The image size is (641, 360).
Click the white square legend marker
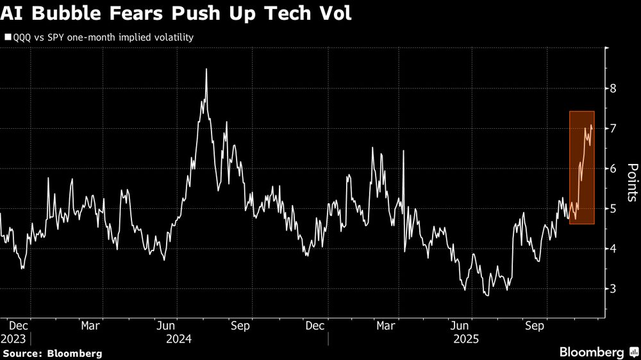[8, 37]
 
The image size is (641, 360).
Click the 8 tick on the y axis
[613, 88]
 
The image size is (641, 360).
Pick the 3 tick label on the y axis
[613, 289]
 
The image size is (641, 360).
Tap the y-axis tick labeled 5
[613, 209]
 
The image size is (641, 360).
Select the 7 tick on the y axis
[613, 129]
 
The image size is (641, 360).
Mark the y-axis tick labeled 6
[613, 168]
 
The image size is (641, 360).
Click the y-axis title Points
[631, 183]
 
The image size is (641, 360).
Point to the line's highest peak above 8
[206, 69]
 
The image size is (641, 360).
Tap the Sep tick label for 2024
[240, 325]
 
